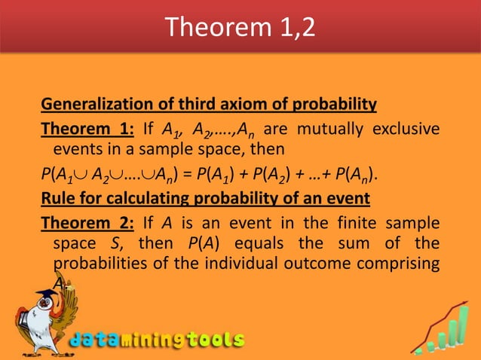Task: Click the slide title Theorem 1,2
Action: (x=240, y=27)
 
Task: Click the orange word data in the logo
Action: (x=94, y=340)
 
